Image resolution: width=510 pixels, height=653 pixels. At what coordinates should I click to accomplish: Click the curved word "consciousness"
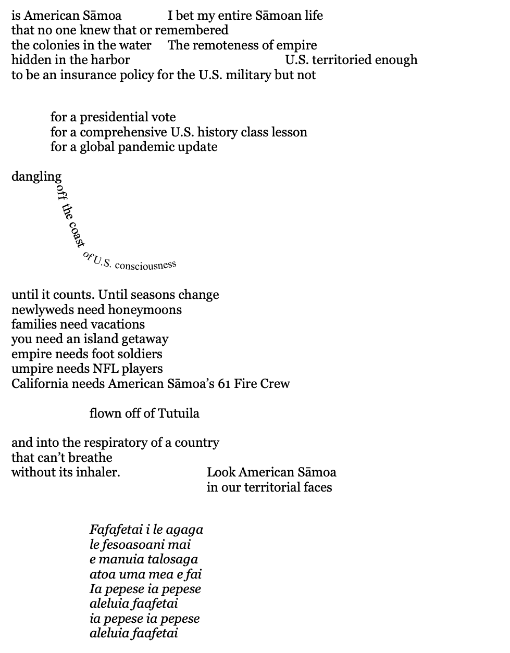pyautogui.click(x=145, y=265)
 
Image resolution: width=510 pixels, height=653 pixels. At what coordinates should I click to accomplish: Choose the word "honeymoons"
pyautogui.click(x=145, y=310)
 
